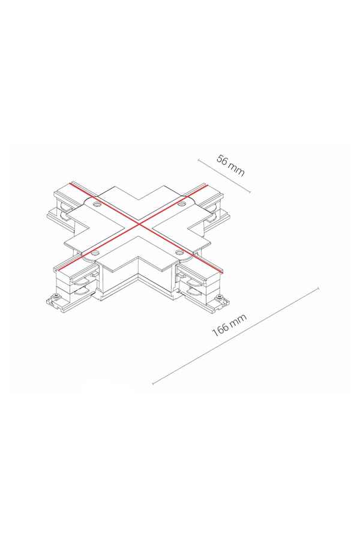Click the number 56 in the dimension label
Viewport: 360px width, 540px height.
coord(223,160)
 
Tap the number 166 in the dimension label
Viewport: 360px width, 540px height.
coord(220,329)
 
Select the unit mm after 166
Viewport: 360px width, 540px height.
coord(239,319)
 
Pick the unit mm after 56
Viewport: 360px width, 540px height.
coord(237,170)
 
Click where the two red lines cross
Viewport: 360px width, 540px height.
coord(139,224)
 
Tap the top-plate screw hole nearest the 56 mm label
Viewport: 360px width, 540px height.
coord(180,205)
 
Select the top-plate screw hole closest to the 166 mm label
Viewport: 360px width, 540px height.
coord(179,253)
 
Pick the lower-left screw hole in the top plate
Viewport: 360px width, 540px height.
coord(94,254)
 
